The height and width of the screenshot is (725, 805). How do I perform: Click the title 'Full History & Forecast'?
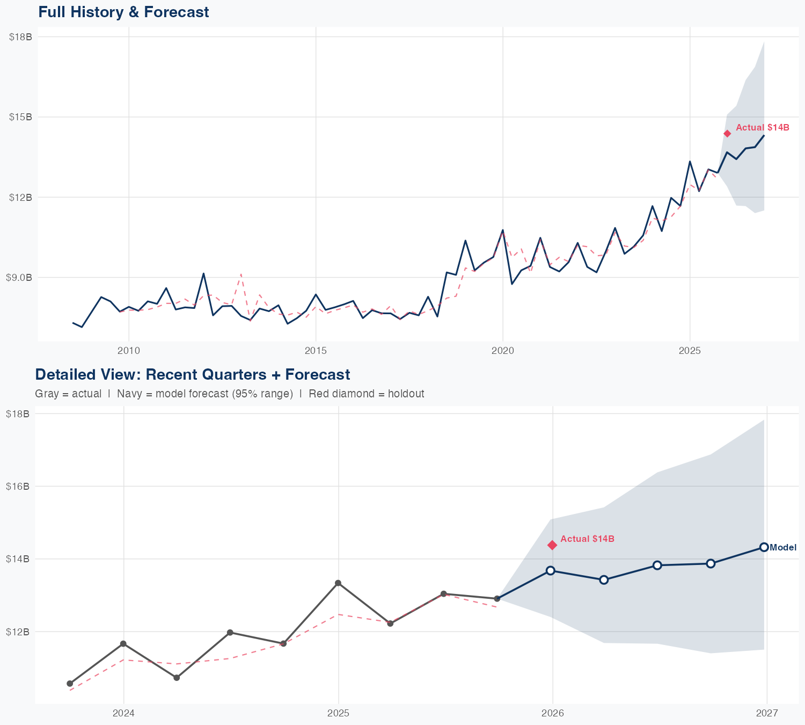pyautogui.click(x=123, y=12)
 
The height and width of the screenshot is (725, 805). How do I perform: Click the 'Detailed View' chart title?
pyautogui.click(x=192, y=374)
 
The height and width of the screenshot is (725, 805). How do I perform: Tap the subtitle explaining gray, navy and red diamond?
pyautogui.click(x=229, y=394)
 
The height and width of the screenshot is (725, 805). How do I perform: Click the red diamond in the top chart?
pyautogui.click(x=727, y=134)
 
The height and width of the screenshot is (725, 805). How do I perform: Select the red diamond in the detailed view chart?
pyautogui.click(x=552, y=545)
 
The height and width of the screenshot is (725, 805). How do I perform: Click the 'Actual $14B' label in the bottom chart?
pyautogui.click(x=587, y=539)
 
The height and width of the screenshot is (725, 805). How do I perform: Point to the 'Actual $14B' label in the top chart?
pyautogui.click(x=762, y=127)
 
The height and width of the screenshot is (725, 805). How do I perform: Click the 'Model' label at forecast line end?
pyautogui.click(x=783, y=548)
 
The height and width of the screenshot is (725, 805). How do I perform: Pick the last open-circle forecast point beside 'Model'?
pyautogui.click(x=764, y=547)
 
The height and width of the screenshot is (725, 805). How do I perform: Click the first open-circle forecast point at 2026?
pyautogui.click(x=550, y=570)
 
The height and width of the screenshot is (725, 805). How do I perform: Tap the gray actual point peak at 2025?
pyautogui.click(x=338, y=583)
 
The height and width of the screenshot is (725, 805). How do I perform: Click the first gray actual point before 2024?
pyautogui.click(x=70, y=684)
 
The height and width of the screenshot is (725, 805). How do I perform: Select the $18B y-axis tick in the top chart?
pyautogui.click(x=20, y=37)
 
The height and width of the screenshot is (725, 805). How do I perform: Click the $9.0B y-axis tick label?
pyautogui.click(x=19, y=277)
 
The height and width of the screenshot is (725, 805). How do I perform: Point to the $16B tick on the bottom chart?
pyautogui.click(x=17, y=486)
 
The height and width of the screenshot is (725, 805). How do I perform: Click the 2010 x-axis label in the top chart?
pyautogui.click(x=128, y=351)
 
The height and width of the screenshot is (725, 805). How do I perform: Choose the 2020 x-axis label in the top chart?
pyautogui.click(x=502, y=351)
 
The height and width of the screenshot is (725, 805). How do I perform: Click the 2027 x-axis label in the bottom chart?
pyautogui.click(x=766, y=713)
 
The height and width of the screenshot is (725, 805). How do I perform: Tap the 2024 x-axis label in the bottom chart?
pyautogui.click(x=123, y=713)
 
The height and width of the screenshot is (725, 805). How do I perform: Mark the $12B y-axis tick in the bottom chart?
pyautogui.click(x=17, y=632)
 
